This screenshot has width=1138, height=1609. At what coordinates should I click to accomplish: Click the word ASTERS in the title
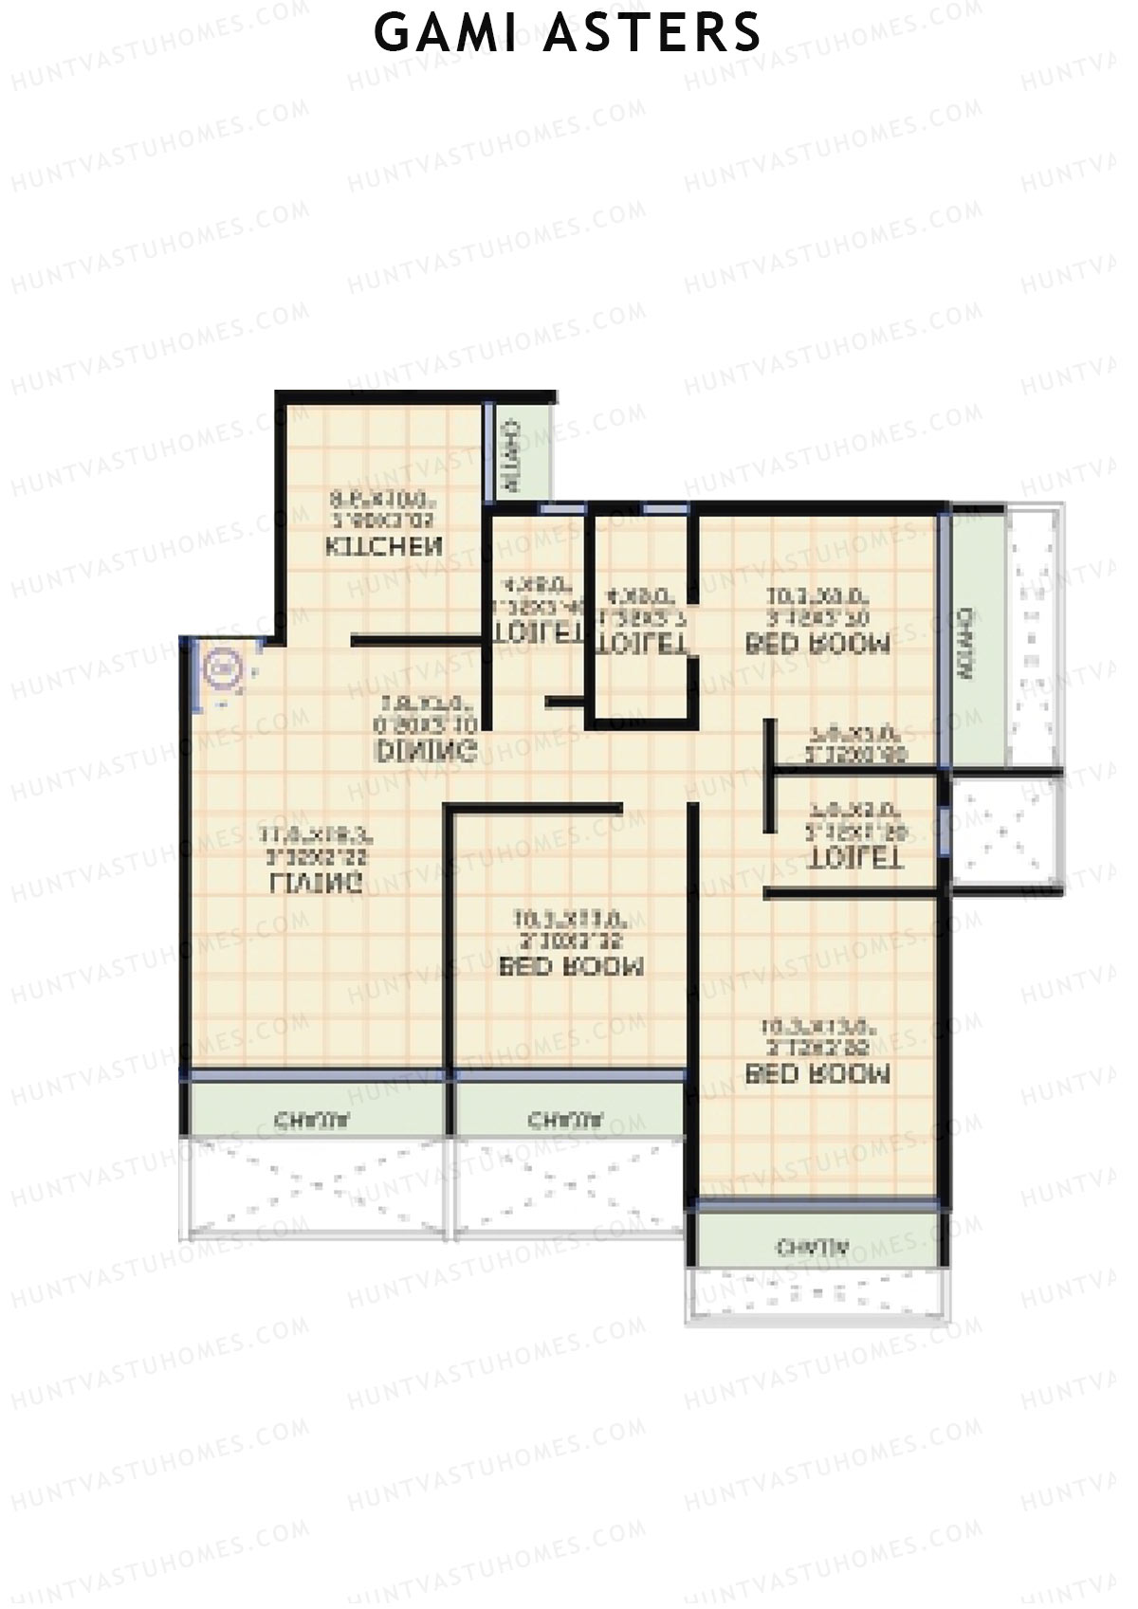[x=654, y=33]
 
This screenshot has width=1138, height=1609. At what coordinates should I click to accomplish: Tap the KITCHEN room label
[x=384, y=547]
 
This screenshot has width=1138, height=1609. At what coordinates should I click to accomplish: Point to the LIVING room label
[x=317, y=884]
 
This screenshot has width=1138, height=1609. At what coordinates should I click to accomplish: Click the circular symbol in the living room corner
[x=224, y=669]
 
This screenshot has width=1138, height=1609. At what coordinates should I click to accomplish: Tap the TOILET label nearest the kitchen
[x=537, y=633]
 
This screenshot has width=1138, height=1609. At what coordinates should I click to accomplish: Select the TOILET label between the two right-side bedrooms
[x=854, y=859]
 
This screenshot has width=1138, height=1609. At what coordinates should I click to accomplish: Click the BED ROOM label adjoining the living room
[x=571, y=966]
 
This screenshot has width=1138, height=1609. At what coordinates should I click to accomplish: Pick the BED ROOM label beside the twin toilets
[x=818, y=645]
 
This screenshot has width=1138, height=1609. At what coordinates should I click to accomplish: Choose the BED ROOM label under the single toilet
[x=818, y=1074]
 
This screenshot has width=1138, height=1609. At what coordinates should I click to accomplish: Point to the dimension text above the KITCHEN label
[x=383, y=509]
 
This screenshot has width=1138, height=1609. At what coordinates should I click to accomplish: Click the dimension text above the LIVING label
[x=317, y=846]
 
